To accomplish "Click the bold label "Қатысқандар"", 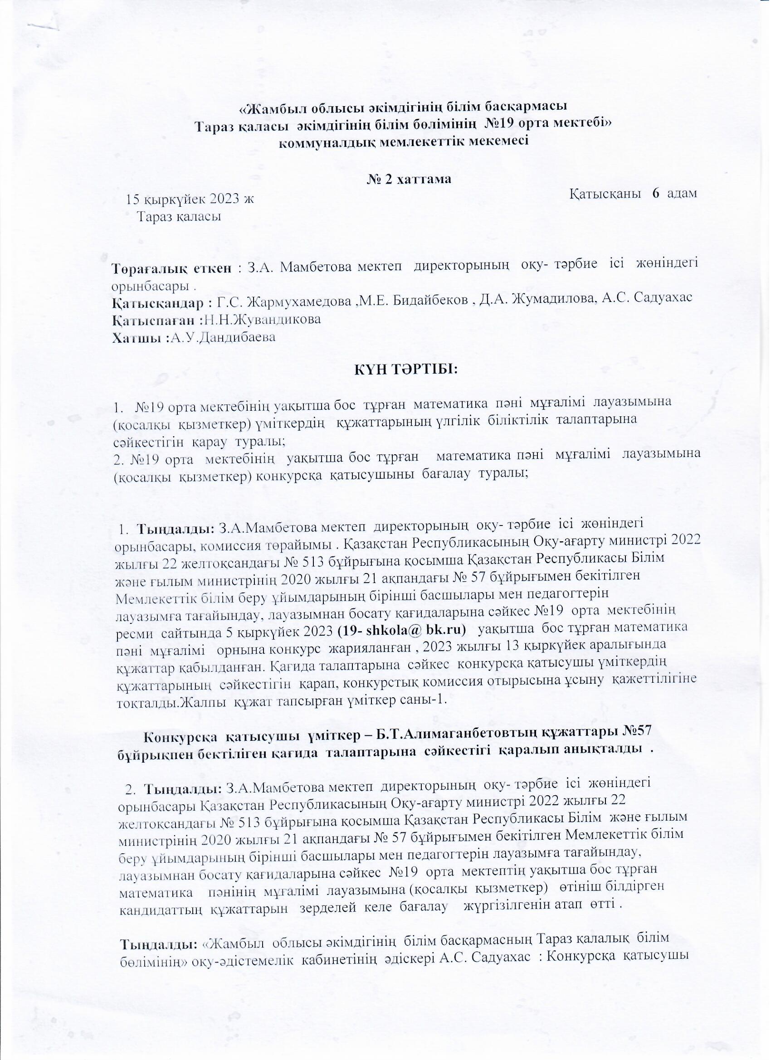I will [159, 303].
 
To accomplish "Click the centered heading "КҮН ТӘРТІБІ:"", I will [405, 369].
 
